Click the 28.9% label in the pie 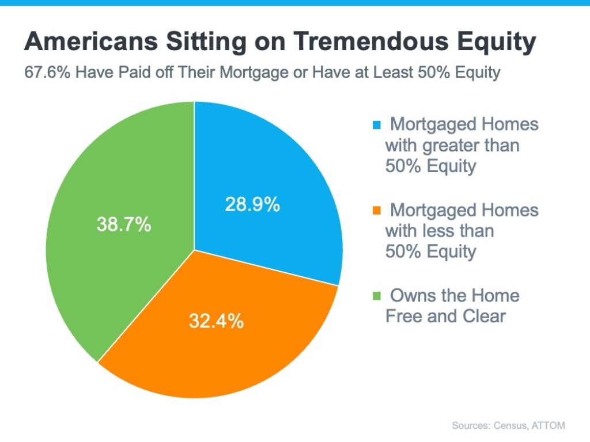point(252,204)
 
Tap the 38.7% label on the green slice point(123,224)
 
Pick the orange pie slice point(230,345)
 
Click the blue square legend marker point(377,125)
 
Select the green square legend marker point(377,296)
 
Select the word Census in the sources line point(507,426)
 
